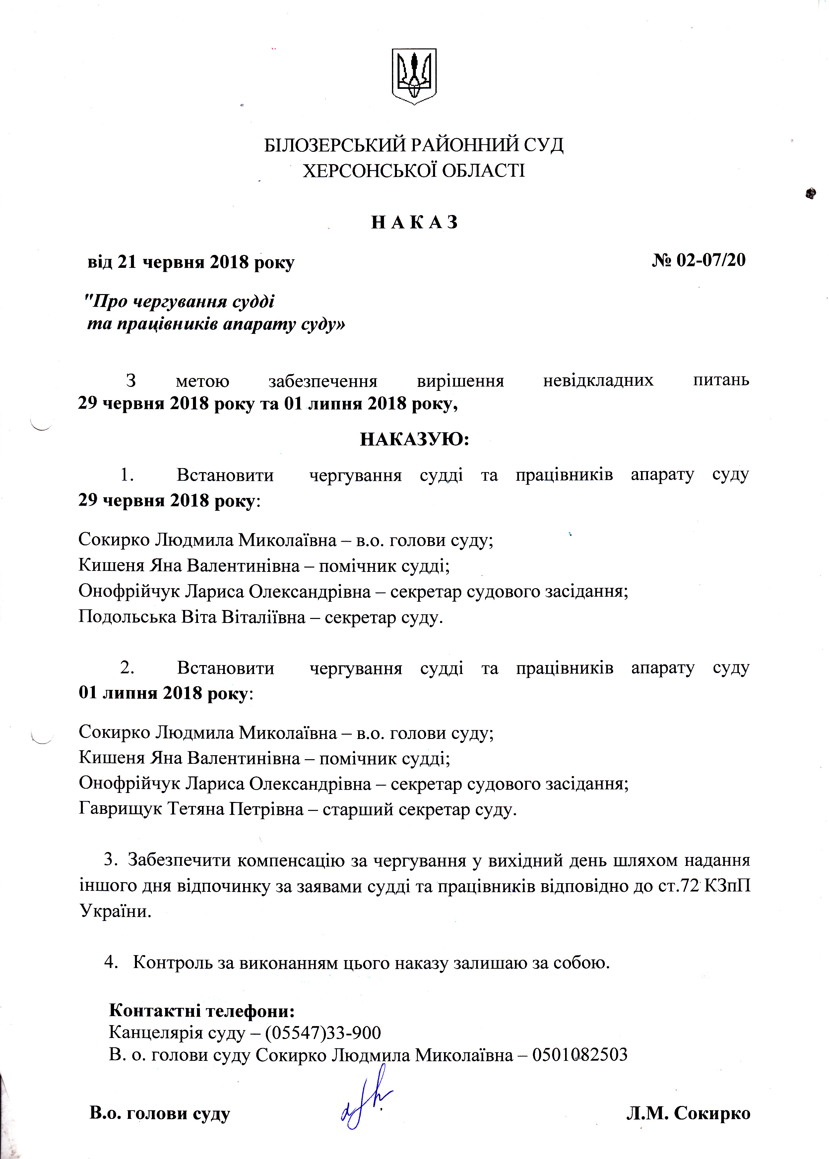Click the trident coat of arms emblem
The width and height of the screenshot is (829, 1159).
pyautogui.click(x=414, y=77)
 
